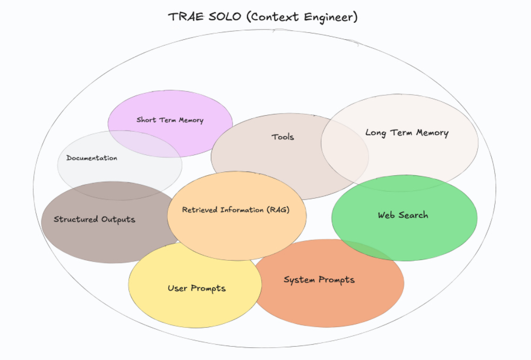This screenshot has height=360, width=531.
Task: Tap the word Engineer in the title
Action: click(x=330, y=18)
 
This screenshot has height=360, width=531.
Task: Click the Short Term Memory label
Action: click(x=170, y=120)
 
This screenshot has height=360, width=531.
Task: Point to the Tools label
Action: click(x=283, y=137)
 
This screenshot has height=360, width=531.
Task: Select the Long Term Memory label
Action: click(x=407, y=133)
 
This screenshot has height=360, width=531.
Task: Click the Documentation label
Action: click(x=92, y=158)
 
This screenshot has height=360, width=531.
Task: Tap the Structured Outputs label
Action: click(x=95, y=219)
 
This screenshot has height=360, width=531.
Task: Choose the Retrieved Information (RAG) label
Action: click(x=236, y=210)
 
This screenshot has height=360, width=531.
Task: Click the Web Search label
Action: click(x=403, y=215)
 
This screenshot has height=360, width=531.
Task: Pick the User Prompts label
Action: click(x=197, y=288)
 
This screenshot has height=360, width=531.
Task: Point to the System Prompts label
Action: click(x=319, y=280)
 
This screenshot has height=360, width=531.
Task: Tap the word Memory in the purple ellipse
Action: click(x=191, y=120)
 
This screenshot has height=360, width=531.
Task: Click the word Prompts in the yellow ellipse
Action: click(x=208, y=288)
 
